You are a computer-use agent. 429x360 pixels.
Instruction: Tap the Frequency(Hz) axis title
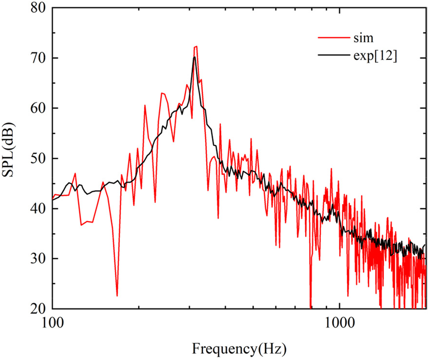[x=239, y=349]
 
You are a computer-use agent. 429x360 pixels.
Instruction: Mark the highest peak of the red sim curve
[x=196, y=46]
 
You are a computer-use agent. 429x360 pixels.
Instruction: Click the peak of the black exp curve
[x=194, y=57]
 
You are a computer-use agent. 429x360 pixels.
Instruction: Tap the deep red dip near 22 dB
[x=117, y=295]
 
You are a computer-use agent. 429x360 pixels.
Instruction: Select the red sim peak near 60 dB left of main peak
[x=145, y=105]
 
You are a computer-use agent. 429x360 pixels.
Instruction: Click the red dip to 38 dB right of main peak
[x=218, y=218]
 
